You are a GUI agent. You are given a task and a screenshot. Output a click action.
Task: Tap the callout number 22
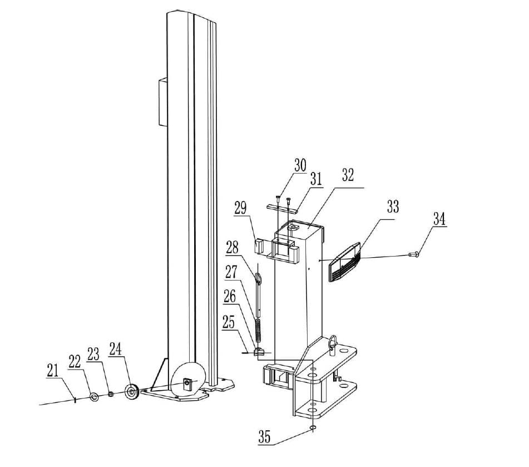pos(75,361)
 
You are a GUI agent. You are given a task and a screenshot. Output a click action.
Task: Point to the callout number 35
pos(264,437)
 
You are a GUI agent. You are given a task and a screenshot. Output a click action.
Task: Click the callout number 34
pos(439,219)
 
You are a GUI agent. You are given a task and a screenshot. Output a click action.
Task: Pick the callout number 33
pos(393,207)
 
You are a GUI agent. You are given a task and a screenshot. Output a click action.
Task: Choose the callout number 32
pos(348,175)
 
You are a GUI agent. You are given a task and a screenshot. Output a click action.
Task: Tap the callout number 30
pos(300,165)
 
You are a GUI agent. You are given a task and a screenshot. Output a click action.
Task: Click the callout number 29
pos(240,209)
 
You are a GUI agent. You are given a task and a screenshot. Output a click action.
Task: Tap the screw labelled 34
pos(414,254)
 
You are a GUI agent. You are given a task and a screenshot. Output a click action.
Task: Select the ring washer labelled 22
pos(95,396)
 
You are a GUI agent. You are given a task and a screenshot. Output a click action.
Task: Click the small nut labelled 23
pos(111,394)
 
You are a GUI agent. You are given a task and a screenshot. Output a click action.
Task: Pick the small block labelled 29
pos(259,245)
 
